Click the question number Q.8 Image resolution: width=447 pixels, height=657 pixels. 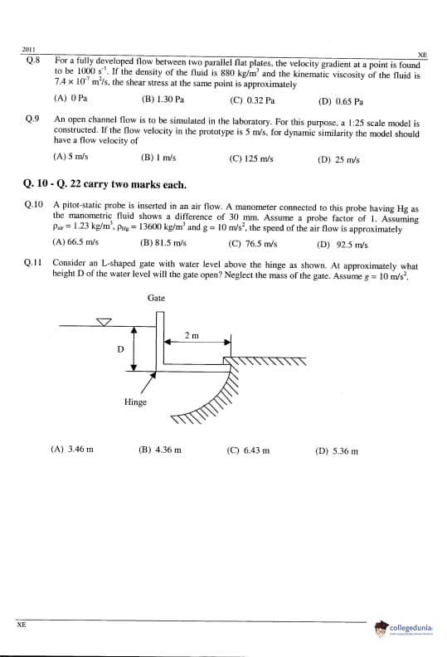coord(32,61)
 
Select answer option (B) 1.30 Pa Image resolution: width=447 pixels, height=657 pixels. coord(163,100)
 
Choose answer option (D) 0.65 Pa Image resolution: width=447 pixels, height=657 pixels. coord(341,101)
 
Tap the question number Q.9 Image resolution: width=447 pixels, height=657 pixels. coord(32,119)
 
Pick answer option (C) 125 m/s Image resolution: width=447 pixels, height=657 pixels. coord(251,158)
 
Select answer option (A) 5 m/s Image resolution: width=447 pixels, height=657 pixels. coord(70,157)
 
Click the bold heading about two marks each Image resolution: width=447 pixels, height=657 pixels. coord(104,184)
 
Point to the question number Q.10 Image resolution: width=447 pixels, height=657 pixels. coord(33,205)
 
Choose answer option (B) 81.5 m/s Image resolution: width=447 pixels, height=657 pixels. coord(163,243)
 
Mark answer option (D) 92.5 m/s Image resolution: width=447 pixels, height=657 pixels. coord(343,245)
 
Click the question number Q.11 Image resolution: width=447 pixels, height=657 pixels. coord(32,263)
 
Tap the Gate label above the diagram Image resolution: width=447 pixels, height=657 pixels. coord(156,298)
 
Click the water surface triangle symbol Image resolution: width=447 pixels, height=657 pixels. coord(104,322)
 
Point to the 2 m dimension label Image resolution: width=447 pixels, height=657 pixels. coord(192,336)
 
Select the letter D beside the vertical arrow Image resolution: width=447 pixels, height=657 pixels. coord(120,349)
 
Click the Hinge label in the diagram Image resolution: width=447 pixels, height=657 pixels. coord(135,402)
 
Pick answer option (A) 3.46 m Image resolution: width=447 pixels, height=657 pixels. coord(72,449)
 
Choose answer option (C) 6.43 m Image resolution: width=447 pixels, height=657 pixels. coord(249,450)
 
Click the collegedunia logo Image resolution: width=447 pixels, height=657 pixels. coord(404,629)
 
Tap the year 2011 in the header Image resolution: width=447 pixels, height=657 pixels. coord(28,50)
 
